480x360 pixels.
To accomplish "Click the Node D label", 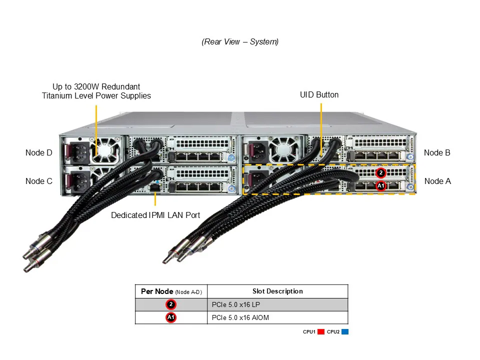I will pyautogui.click(x=38, y=152).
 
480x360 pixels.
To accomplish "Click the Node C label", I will pyautogui.click(x=38, y=181).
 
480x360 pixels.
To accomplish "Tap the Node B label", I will pyautogui.click(x=437, y=152).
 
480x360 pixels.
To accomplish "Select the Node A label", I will pyautogui.click(x=437, y=181).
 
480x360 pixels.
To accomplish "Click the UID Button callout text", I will pyautogui.click(x=319, y=94).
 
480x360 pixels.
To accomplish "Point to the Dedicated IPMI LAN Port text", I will pyautogui.click(x=155, y=215).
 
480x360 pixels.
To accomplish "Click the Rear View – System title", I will pyautogui.click(x=240, y=42).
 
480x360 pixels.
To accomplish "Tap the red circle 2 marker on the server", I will pyautogui.click(x=380, y=173).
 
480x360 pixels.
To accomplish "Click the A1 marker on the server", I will pyautogui.click(x=380, y=186).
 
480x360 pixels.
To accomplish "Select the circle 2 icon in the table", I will pyautogui.click(x=171, y=304).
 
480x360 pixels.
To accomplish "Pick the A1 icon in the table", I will pyautogui.click(x=171, y=317).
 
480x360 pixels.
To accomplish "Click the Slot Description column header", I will pyautogui.click(x=277, y=291).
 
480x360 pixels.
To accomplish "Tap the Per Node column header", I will pyautogui.click(x=171, y=291).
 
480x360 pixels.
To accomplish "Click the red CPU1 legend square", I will pyautogui.click(x=321, y=331).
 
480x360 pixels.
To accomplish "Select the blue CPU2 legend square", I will pyautogui.click(x=345, y=331).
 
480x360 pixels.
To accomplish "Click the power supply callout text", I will pyautogui.click(x=96, y=91).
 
